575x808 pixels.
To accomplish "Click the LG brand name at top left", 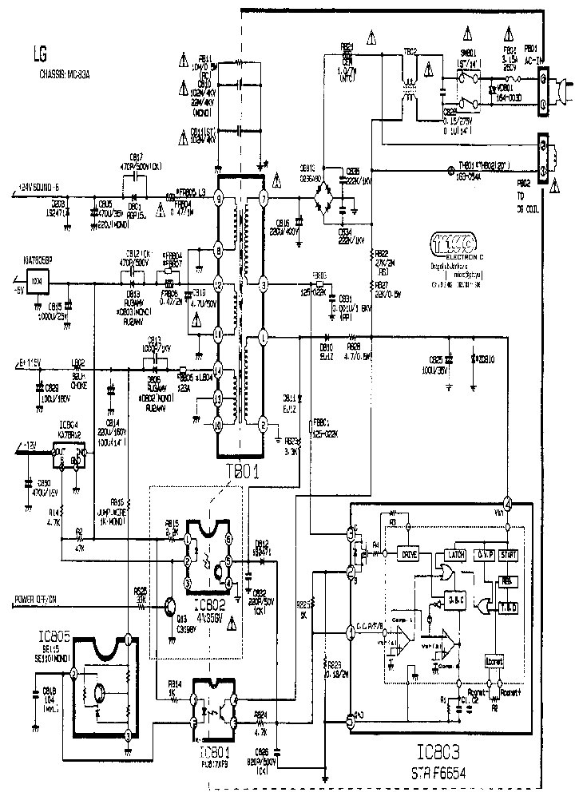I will click(39, 55).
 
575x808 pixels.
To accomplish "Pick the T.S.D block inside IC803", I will click(507, 606).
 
